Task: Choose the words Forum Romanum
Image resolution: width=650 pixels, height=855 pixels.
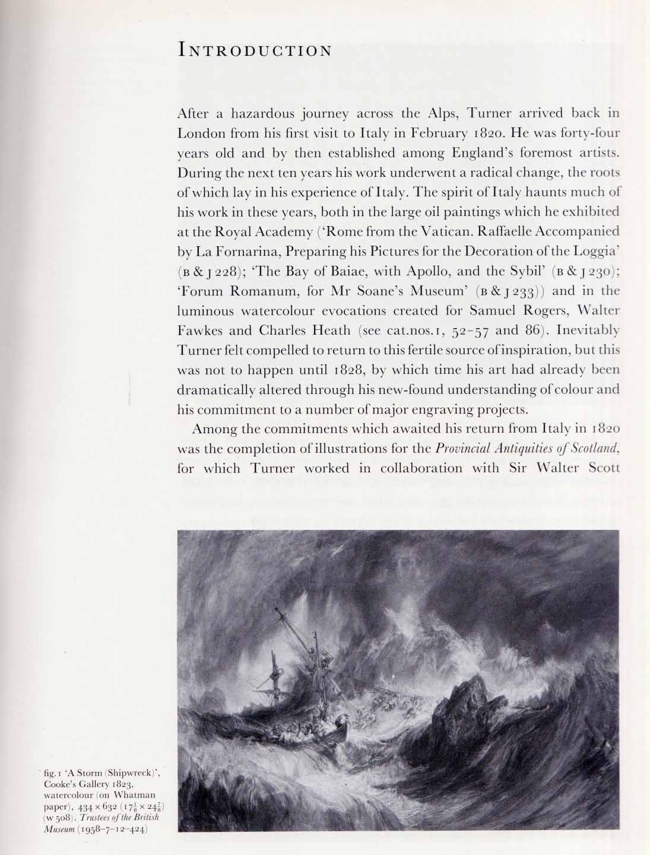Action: (232, 291)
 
